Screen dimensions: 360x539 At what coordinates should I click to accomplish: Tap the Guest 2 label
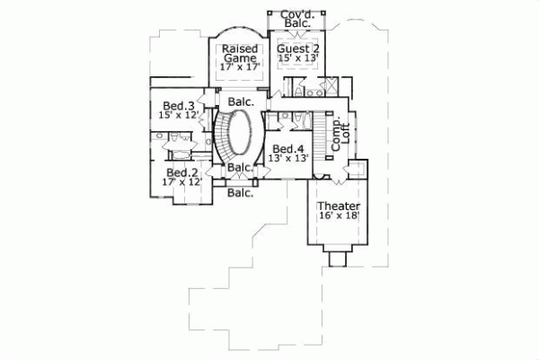(296, 48)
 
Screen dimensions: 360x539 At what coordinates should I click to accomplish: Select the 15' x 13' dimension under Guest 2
(296, 59)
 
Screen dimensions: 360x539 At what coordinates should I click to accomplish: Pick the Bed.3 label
(178, 105)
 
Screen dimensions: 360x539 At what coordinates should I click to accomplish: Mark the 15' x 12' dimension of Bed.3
(177, 116)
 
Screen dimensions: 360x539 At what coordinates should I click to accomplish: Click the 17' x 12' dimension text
(181, 182)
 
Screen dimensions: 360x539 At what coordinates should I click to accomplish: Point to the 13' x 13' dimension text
(288, 159)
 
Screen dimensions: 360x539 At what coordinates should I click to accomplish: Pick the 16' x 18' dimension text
(338, 216)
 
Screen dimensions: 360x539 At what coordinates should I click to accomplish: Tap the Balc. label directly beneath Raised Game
(241, 101)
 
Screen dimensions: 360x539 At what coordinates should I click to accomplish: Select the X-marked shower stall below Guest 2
(330, 87)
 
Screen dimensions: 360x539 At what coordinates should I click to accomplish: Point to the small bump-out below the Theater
(338, 258)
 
